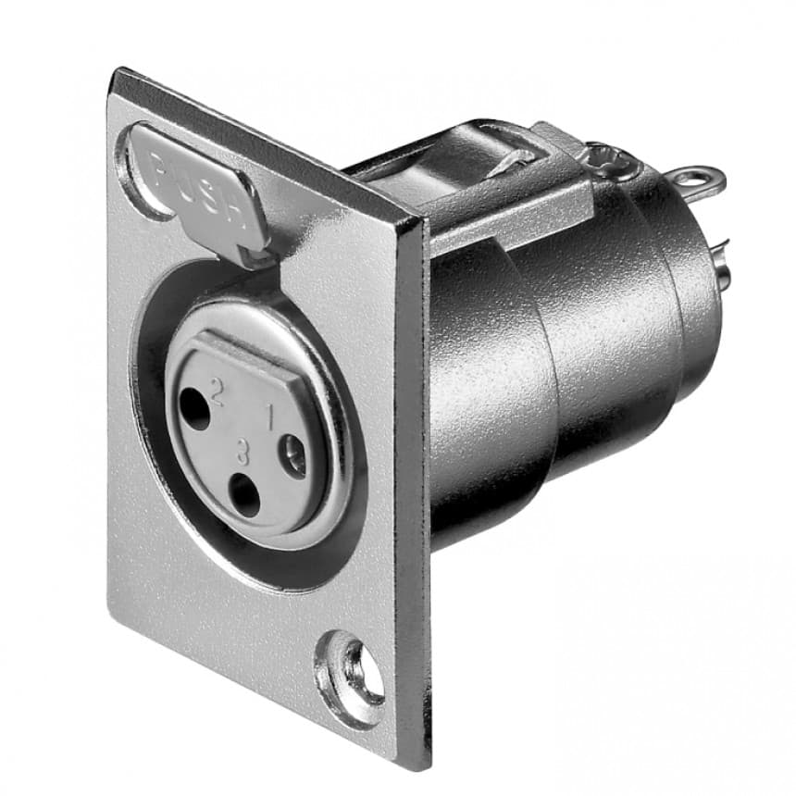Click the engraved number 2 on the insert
pos(218,392)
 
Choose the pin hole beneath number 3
pos(245,496)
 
